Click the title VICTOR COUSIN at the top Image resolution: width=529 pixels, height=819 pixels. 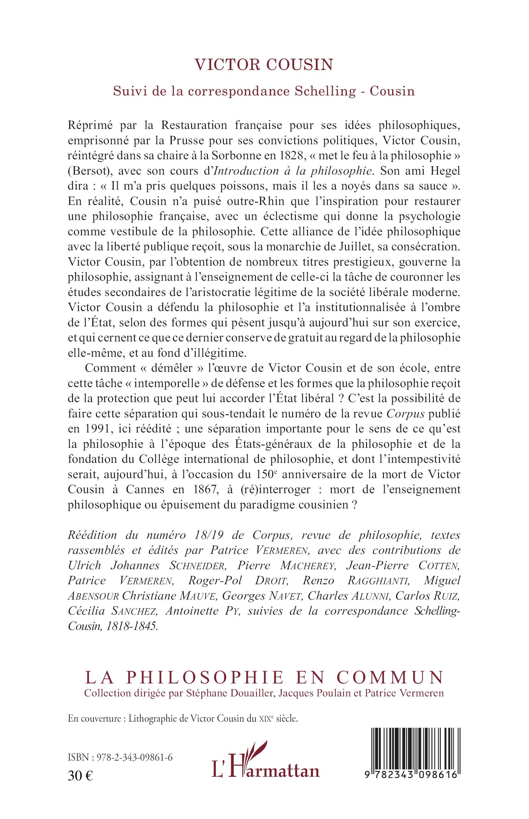[x=264, y=64]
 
